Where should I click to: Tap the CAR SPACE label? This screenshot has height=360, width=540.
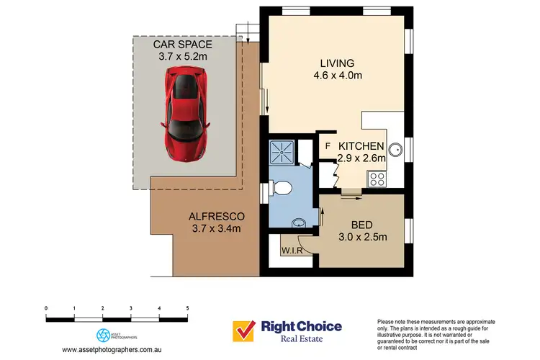(186, 43)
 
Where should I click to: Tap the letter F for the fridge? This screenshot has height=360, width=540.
(328, 146)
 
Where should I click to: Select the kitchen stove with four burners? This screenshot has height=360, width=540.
(377, 177)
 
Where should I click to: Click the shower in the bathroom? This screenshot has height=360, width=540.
(279, 151)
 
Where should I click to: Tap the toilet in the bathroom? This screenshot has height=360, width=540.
(285, 189)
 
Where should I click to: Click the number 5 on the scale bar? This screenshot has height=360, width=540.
(187, 307)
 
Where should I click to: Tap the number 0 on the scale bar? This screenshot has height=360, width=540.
(46, 307)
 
